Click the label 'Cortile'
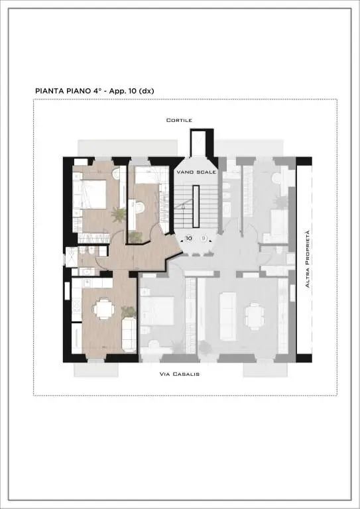(x=179, y=120)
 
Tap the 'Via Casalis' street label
(x=180, y=374)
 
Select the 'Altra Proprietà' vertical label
(x=307, y=258)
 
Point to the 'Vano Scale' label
(x=196, y=172)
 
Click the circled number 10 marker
(x=188, y=239)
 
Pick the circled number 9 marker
(x=204, y=239)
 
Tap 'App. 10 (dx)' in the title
(x=131, y=91)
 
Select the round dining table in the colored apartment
(x=104, y=309)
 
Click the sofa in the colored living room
(x=129, y=334)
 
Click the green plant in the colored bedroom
(x=118, y=215)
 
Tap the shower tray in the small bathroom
(x=72, y=257)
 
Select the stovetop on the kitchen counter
(x=77, y=306)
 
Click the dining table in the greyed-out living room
(x=254, y=317)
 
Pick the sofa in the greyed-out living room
(x=228, y=316)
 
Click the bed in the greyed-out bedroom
(x=157, y=311)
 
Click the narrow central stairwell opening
(x=196, y=207)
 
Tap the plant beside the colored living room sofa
(x=129, y=312)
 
